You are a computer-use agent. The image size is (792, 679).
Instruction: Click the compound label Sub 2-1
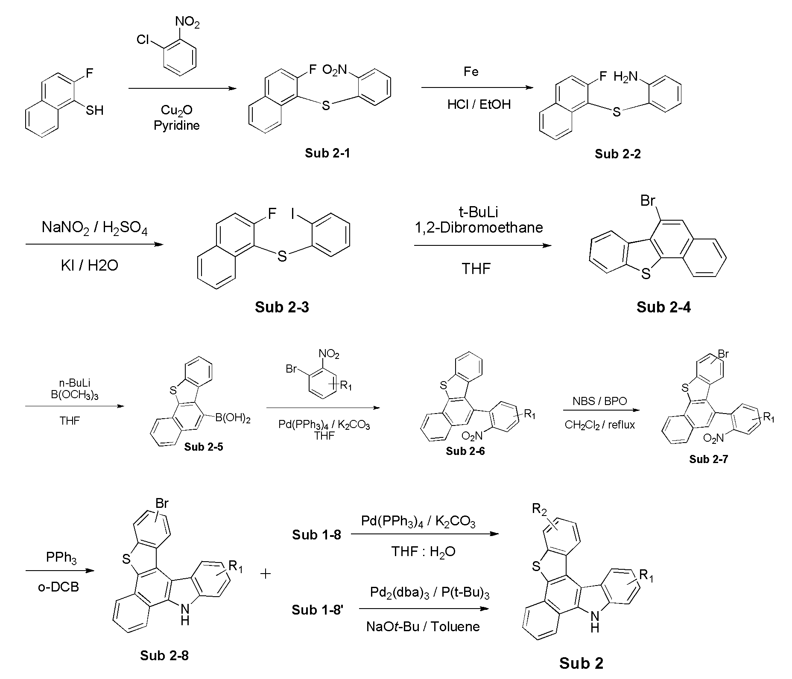coord(327,153)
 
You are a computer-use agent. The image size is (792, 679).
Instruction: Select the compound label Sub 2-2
coord(617,154)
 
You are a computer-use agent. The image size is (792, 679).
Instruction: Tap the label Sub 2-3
coord(282,307)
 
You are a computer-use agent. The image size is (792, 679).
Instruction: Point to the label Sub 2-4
coord(663,307)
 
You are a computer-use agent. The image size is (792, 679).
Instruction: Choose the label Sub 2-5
coord(204,447)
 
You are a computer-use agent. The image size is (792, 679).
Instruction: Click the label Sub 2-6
coord(465,451)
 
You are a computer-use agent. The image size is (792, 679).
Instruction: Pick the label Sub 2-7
coord(708,459)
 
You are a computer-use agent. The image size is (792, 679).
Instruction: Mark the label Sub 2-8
coord(164,655)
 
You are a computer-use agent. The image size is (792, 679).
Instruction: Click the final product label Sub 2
coord(582,663)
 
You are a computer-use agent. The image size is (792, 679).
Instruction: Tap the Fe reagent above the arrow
coord(471,71)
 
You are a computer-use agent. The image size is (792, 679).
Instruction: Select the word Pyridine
coord(177,126)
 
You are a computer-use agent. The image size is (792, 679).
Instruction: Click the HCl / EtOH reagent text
coord(479,105)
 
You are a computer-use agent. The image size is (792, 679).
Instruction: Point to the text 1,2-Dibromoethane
coord(479,227)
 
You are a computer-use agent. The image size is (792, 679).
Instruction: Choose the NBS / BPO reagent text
coord(600,401)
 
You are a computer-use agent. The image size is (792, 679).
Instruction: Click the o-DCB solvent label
coord(58,587)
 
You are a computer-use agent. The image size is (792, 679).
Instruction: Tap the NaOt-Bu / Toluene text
coord(423,626)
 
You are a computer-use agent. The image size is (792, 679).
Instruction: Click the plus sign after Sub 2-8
coord(266,574)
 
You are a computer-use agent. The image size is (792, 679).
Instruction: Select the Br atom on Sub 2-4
coord(648,200)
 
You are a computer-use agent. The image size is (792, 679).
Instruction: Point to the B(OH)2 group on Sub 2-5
coord(233,418)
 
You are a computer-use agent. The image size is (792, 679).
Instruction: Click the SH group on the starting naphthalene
coord(94,111)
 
